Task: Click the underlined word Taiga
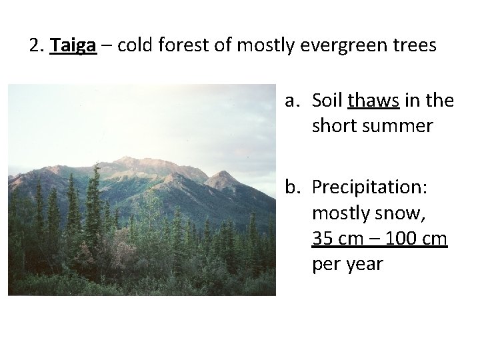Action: [73, 46]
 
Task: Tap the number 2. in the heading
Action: [37, 46]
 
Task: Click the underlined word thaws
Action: [374, 101]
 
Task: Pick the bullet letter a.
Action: [292, 101]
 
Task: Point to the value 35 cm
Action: [337, 238]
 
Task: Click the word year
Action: [366, 264]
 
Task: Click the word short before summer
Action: [334, 125]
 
